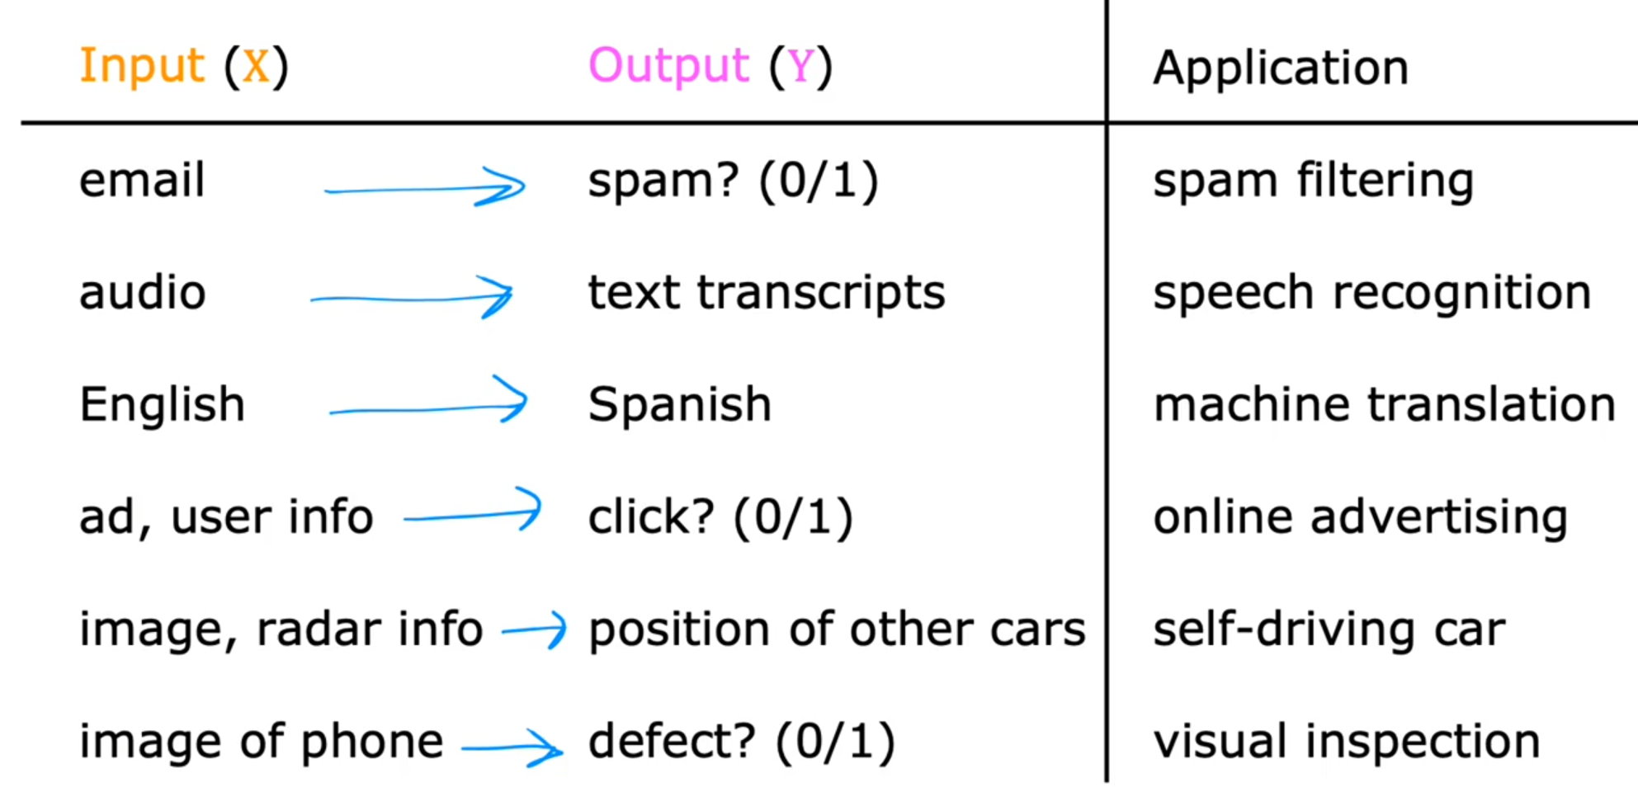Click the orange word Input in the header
141,67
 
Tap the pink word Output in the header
668,67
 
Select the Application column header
1281,68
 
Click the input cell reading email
142,180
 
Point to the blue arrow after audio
411,298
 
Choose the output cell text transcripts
767,294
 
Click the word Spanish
680,405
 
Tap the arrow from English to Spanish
428,408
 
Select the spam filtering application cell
1313,181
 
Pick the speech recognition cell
1372,294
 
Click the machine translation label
1385,404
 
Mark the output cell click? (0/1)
720,518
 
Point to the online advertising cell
1360,518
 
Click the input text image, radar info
281,630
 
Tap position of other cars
837,630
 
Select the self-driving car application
1329,630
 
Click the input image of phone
261,742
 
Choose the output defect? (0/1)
741,742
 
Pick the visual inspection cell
1347,742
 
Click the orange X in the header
256,66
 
